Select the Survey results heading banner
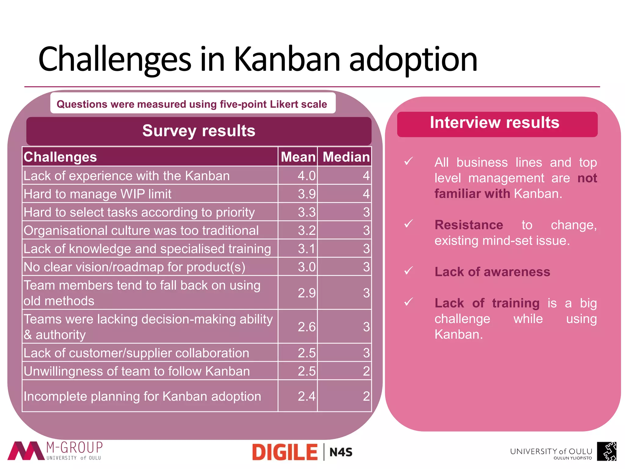(x=199, y=131)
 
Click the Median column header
(x=346, y=157)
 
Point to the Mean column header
(x=298, y=157)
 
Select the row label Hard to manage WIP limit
(x=98, y=194)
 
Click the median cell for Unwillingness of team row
(x=366, y=371)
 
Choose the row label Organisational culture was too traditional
(x=141, y=231)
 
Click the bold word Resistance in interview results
(x=469, y=225)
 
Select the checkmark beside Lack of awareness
(x=408, y=271)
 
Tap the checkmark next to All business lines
(x=408, y=161)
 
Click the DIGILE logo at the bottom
(x=285, y=452)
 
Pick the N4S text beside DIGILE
(x=341, y=452)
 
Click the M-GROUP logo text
(x=74, y=448)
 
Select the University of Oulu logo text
(x=551, y=452)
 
